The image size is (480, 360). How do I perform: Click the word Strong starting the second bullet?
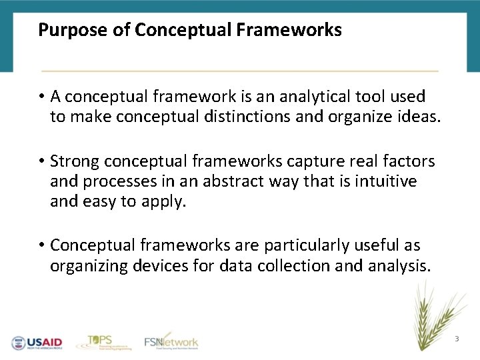point(75,162)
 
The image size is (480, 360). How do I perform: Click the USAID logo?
point(37,342)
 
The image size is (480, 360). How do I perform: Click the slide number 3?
point(457,339)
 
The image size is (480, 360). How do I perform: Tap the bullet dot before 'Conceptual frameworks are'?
point(41,246)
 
